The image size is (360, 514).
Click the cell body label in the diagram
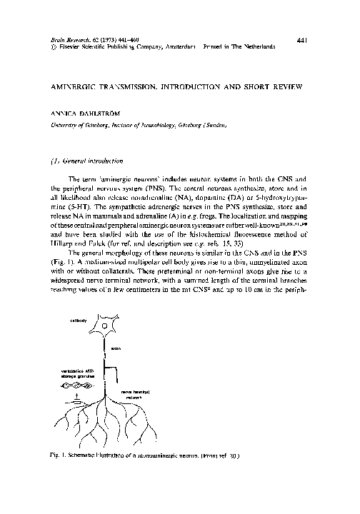tap(79, 321)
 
